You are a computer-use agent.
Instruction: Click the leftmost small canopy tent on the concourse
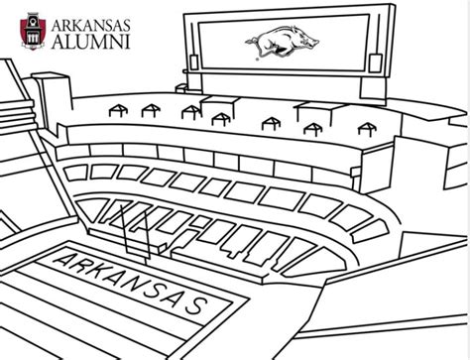pyautogui.click(x=112, y=111)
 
